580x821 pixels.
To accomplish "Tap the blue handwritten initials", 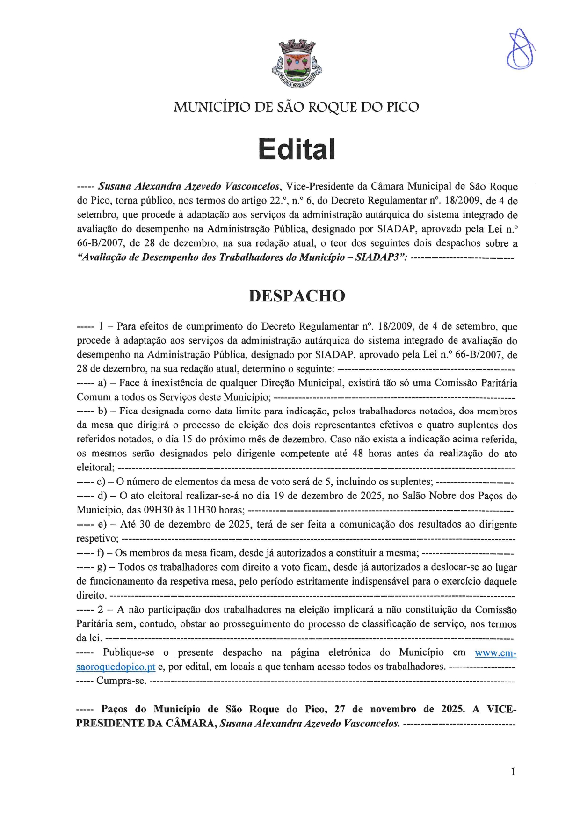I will click(520, 50).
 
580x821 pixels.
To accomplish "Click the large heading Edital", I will click(297, 149).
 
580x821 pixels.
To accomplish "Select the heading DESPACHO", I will click(297, 296).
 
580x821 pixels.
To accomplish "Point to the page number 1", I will click(513, 772).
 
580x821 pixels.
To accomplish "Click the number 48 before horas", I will click(357, 454).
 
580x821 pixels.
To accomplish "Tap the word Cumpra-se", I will click(121, 681).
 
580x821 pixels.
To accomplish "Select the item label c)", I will click(101, 482).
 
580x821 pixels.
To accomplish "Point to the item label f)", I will click(101, 553).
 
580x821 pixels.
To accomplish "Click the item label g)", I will click(101, 567).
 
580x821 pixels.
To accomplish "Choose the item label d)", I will click(102, 496).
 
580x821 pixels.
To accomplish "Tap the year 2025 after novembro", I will click(453, 709).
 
